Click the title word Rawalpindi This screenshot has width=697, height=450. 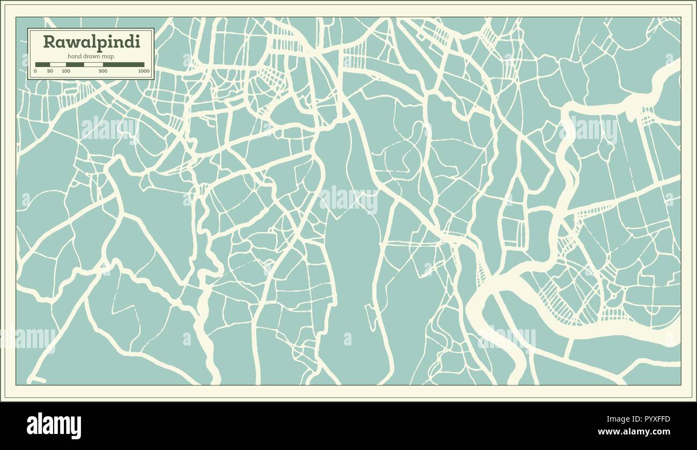(x=91, y=42)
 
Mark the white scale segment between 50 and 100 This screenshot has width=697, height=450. (x=58, y=64)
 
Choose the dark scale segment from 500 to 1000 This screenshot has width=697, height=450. (x=124, y=64)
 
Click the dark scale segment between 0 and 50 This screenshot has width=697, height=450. (x=42, y=64)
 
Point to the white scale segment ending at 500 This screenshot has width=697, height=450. (x=93, y=64)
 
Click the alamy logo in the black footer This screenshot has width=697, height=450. (x=54, y=426)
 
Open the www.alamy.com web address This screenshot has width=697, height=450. (x=634, y=432)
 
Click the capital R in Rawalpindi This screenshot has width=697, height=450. (x=49, y=42)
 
